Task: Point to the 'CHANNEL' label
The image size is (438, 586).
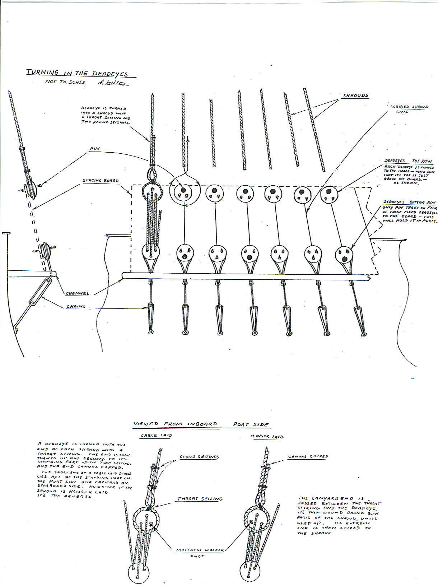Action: click(77, 293)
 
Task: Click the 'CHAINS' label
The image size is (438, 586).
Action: click(75, 306)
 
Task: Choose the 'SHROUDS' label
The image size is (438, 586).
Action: click(355, 96)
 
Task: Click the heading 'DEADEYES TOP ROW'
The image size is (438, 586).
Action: click(408, 161)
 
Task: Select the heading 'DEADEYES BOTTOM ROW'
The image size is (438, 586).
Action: click(408, 202)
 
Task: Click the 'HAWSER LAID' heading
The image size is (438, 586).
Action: click(267, 437)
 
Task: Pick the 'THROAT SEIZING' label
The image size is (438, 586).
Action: click(200, 499)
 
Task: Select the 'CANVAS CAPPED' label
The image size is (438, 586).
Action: click(308, 457)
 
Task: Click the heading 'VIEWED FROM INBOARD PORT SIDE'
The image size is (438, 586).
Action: click(201, 424)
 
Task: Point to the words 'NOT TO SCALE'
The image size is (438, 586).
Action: click(66, 82)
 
